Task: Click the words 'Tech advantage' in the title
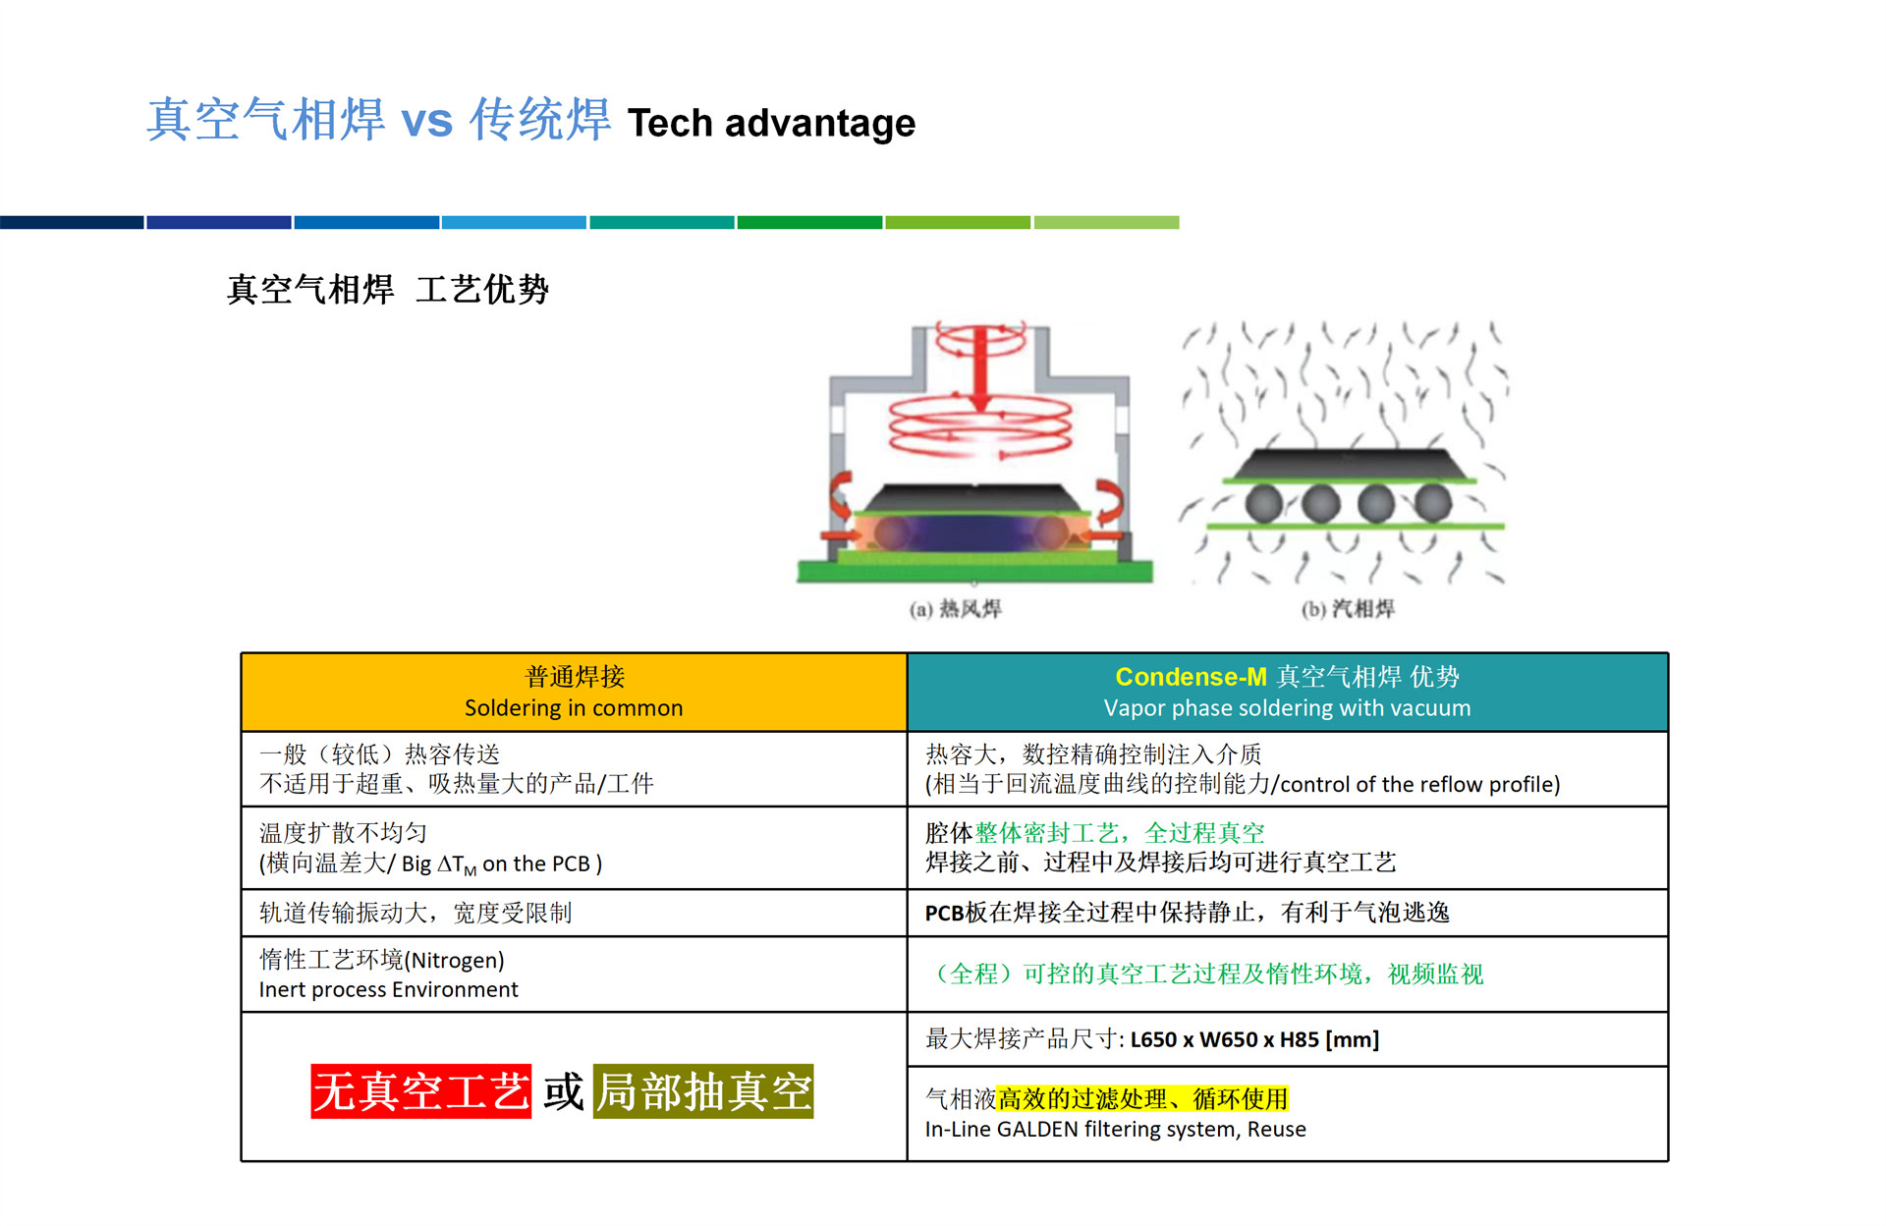pyautogui.click(x=771, y=124)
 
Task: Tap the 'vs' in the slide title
pyautogui.click(x=427, y=122)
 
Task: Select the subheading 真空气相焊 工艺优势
pyautogui.click(x=388, y=290)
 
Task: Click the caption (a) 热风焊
pyautogui.click(x=955, y=609)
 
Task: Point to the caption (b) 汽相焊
pyautogui.click(x=1348, y=609)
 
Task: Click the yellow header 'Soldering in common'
pyautogui.click(x=574, y=708)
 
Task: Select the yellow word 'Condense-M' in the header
pyautogui.click(x=1191, y=677)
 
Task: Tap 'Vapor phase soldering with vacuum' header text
pyautogui.click(x=1287, y=708)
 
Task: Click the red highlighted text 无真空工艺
pyautogui.click(x=421, y=1091)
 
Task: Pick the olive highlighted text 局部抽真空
pyautogui.click(x=703, y=1091)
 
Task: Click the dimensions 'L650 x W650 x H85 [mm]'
pyautogui.click(x=1254, y=1039)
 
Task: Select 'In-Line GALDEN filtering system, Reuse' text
pyautogui.click(x=1115, y=1130)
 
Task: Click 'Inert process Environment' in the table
pyautogui.click(x=388, y=990)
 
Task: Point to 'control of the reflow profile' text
pyautogui.click(x=1416, y=785)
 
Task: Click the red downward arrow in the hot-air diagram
pyautogui.click(x=979, y=368)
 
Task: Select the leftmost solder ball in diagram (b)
pyautogui.click(x=1264, y=503)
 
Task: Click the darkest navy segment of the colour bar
pyautogui.click(x=72, y=223)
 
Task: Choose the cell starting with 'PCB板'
pyautogui.click(x=1187, y=914)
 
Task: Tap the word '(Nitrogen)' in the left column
pyautogui.click(x=454, y=961)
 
